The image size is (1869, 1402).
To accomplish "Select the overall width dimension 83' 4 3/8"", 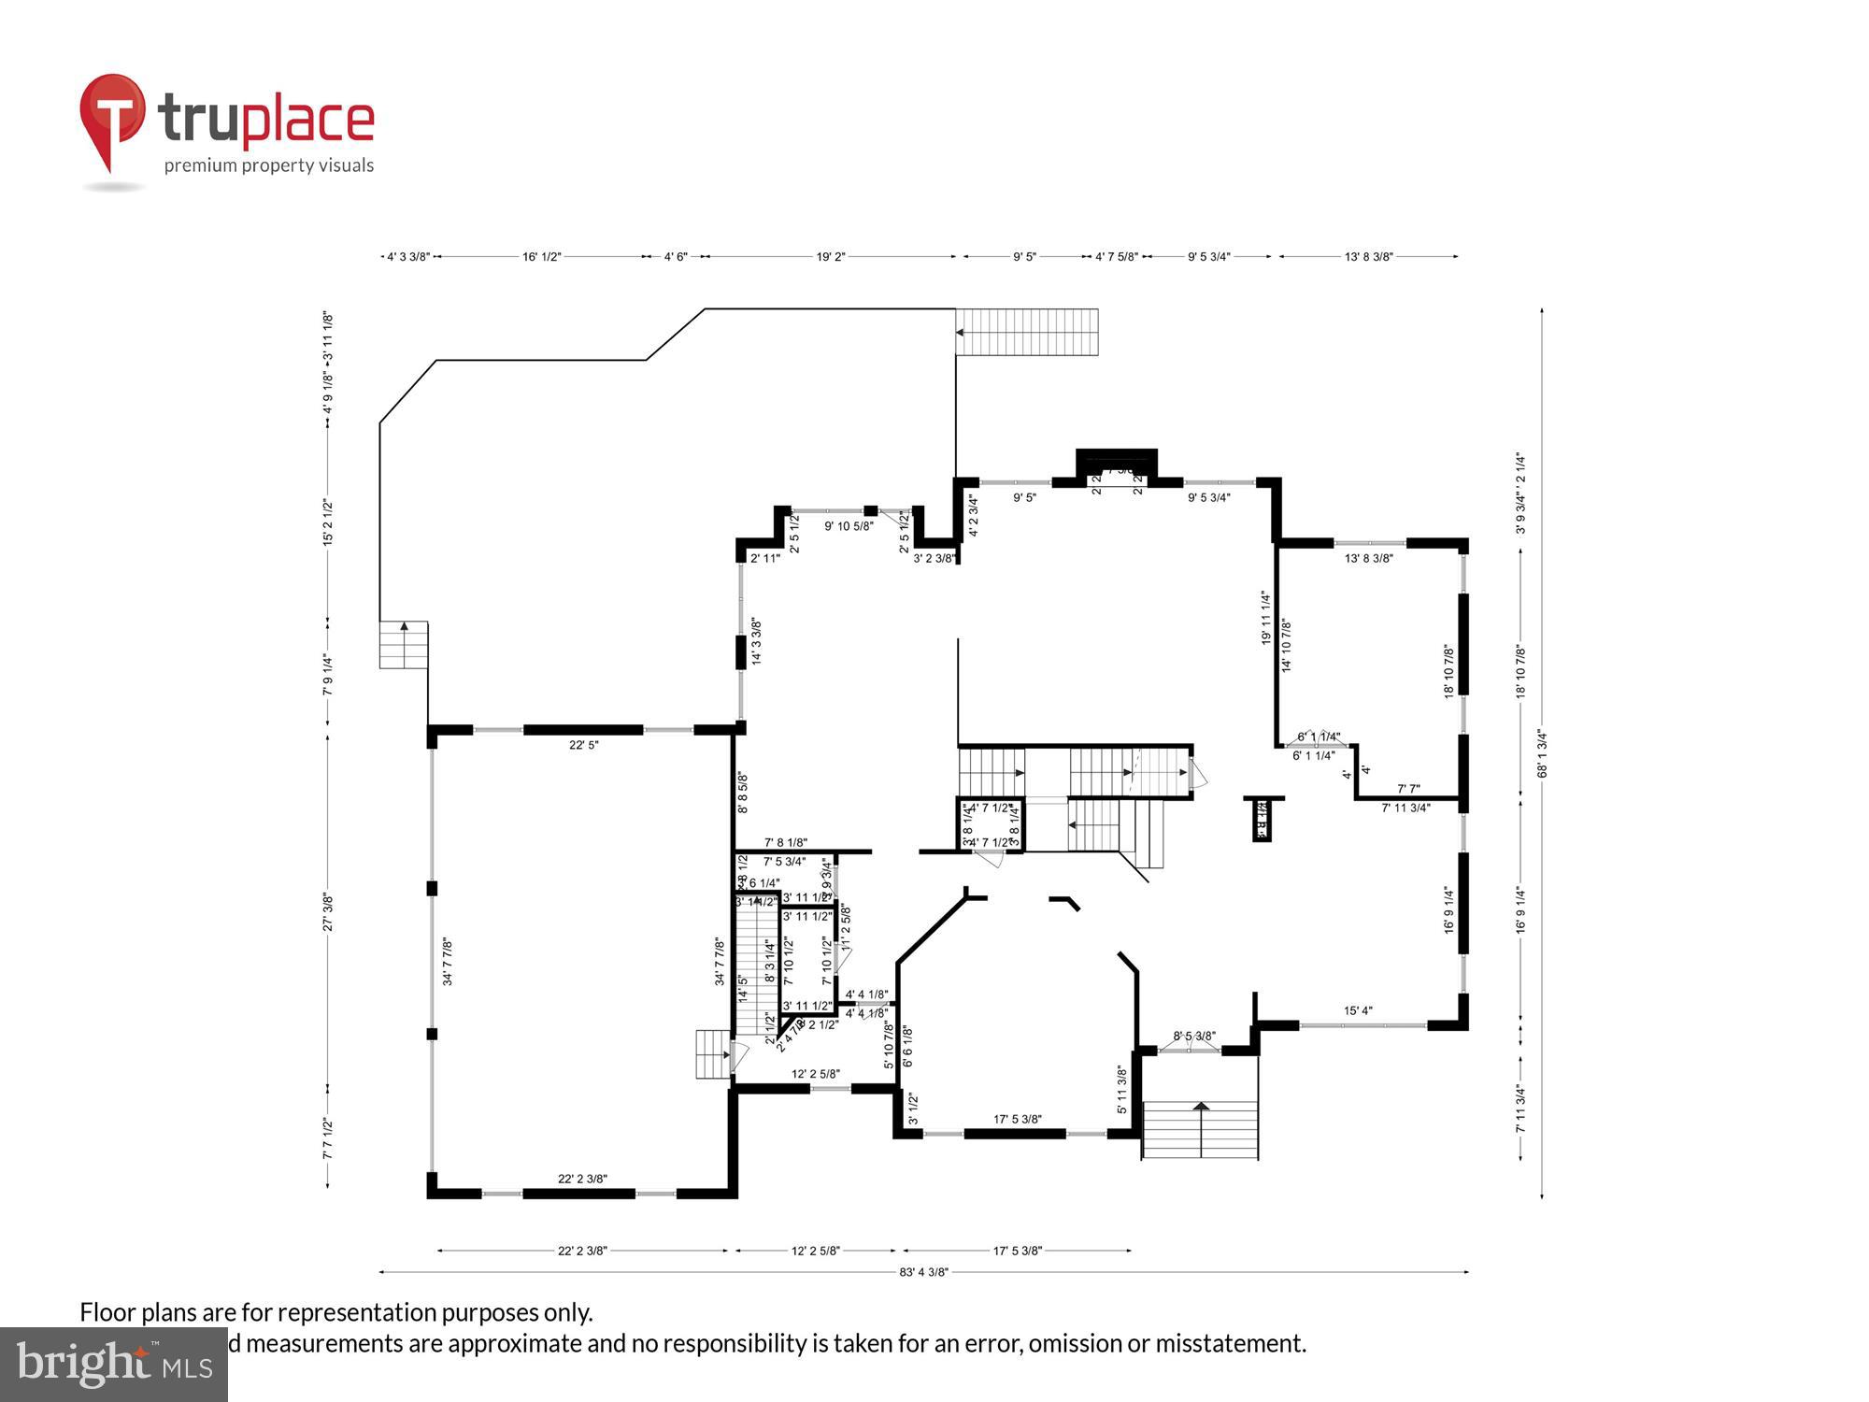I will click(x=923, y=1271).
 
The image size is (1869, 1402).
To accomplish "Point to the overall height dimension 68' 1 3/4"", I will click(x=1543, y=753).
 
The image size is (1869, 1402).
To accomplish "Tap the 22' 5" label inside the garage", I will click(x=583, y=745).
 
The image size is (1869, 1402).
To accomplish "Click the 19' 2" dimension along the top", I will click(x=830, y=256).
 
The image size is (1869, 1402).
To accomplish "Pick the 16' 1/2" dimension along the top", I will click(x=541, y=256).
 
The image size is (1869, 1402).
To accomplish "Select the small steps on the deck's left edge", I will click(x=404, y=644).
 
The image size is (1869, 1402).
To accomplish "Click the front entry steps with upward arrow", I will click(x=1200, y=1129).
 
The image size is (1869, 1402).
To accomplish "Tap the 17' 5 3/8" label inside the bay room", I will click(x=1017, y=1119).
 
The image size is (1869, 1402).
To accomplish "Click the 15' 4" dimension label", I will click(x=1358, y=1010).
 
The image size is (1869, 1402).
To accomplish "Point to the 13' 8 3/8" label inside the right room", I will click(x=1368, y=558).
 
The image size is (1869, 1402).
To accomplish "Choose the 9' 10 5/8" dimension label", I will click(x=849, y=526).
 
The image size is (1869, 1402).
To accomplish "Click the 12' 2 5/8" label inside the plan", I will click(x=815, y=1074).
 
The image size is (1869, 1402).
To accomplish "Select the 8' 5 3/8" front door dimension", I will click(x=1194, y=1036).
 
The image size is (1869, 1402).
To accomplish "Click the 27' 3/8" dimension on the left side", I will click(x=328, y=911).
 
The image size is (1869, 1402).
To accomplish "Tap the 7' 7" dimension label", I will click(x=1407, y=789).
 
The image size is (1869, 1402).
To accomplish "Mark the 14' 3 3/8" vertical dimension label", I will click(x=756, y=640).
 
